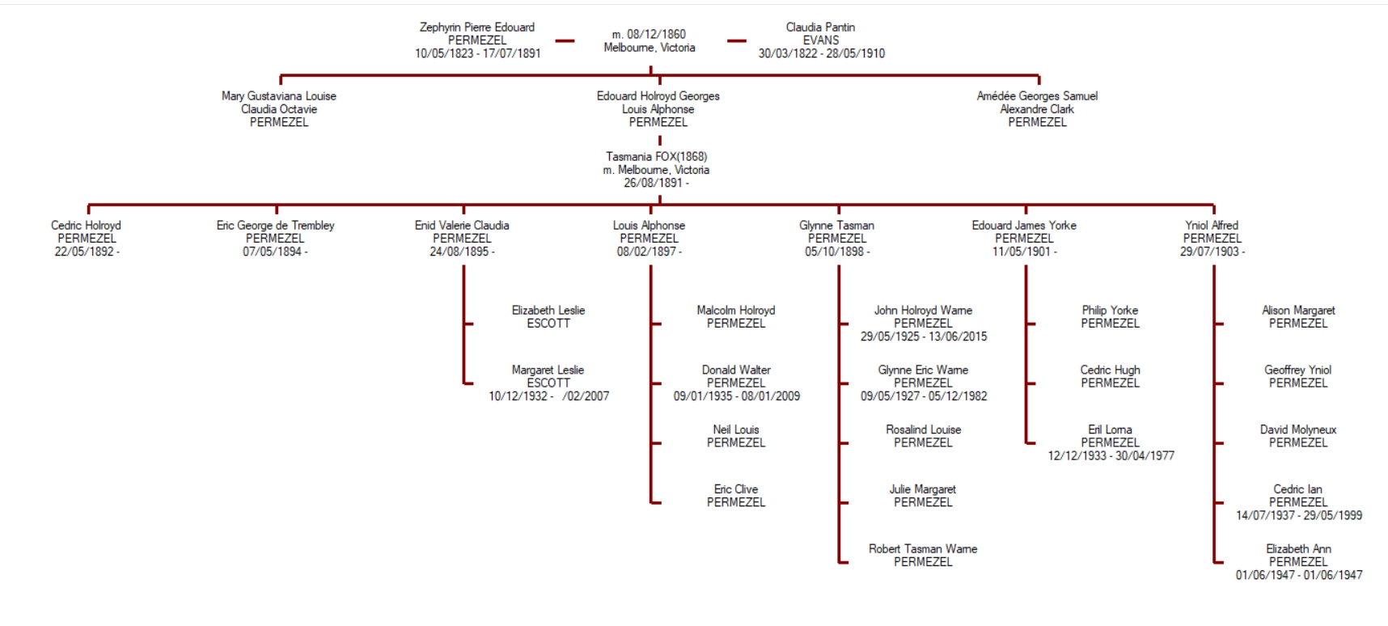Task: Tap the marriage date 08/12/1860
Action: pos(649,34)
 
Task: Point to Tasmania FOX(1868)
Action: pos(656,157)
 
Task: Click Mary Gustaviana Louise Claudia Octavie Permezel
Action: pos(279,108)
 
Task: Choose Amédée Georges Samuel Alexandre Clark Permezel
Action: pos(1037,108)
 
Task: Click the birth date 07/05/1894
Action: pos(273,252)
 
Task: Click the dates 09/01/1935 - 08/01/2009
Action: pos(736,396)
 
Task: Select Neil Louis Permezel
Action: pos(736,436)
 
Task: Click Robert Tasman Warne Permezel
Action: pos(923,555)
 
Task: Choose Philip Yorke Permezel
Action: pos(1110,316)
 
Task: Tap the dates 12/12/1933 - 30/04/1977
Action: pos(1111,456)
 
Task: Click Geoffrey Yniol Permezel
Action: pos(1297,376)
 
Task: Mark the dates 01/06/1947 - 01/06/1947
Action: pos(1298,575)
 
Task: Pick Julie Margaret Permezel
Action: pos(923,495)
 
